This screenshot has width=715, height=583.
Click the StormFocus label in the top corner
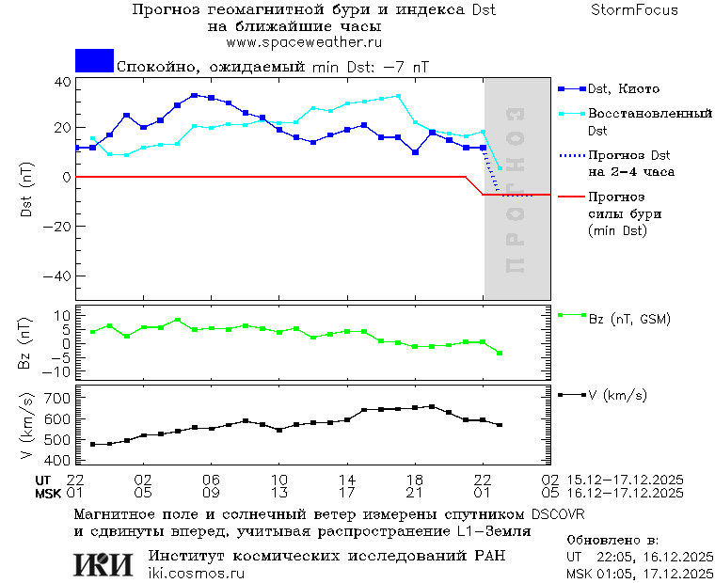coord(635,10)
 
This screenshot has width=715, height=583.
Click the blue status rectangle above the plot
coord(94,61)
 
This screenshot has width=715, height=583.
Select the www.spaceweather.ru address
coord(304,43)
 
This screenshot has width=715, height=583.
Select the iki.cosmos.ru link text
coord(196,574)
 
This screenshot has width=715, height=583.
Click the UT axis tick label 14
coord(347,480)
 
